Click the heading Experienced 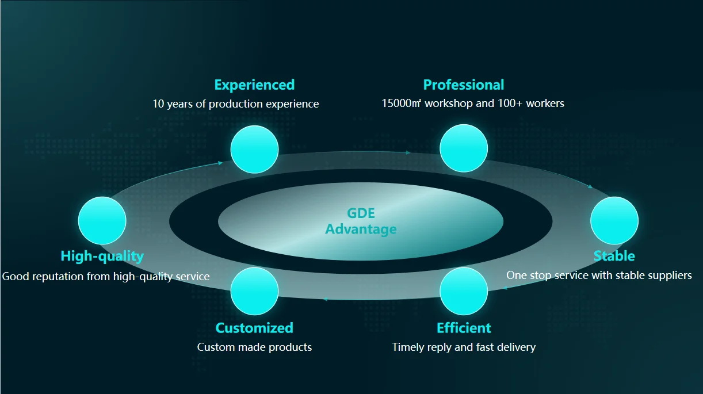254,85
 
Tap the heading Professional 463,85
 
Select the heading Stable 614,256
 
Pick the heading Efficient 464,328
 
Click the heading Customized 254,328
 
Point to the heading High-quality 102,256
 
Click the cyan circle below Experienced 254,150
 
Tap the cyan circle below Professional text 463,148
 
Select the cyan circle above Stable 614,220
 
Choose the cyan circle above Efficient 463,291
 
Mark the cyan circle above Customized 254,291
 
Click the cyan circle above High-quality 102,220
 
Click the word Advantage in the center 361,229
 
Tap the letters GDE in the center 361,213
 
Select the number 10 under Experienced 158,104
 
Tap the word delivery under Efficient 515,347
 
